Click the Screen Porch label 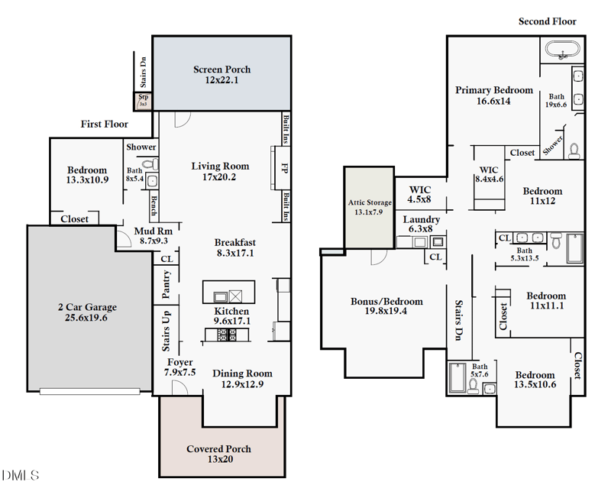221,70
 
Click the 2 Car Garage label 87,307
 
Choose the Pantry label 166,284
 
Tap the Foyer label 180,362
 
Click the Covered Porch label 218,448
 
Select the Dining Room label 242,373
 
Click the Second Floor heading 547,21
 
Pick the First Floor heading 105,124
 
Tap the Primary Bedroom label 494,90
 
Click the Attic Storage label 370,202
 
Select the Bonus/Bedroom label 386,301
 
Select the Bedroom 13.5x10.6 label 535,375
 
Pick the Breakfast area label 234,243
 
